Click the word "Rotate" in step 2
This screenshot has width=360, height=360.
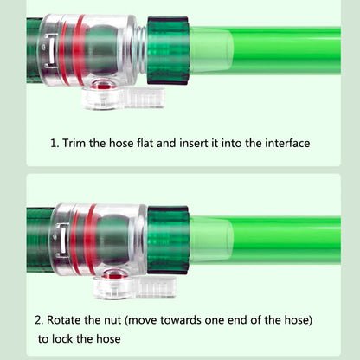click(x=63, y=320)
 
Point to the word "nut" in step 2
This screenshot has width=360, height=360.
click(x=112, y=320)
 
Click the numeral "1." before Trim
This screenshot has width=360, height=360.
click(x=55, y=144)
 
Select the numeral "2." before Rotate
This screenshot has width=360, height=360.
click(x=39, y=320)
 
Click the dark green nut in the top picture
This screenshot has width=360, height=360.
click(x=168, y=50)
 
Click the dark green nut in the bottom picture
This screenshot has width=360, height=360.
click(x=168, y=240)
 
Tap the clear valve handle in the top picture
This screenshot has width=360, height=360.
click(x=123, y=98)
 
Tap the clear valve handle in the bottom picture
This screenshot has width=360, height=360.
click(x=134, y=286)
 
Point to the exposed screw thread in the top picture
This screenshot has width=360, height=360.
click(x=141, y=49)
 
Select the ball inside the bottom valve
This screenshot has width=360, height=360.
click(x=112, y=240)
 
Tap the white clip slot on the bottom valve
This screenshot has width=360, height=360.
click(x=61, y=240)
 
